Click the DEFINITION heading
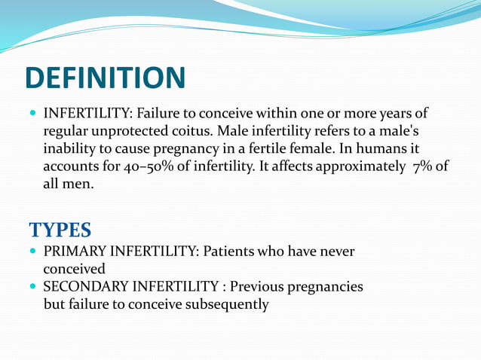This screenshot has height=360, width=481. (x=105, y=78)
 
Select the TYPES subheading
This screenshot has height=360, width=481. (x=60, y=230)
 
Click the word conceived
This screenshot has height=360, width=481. (x=74, y=268)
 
